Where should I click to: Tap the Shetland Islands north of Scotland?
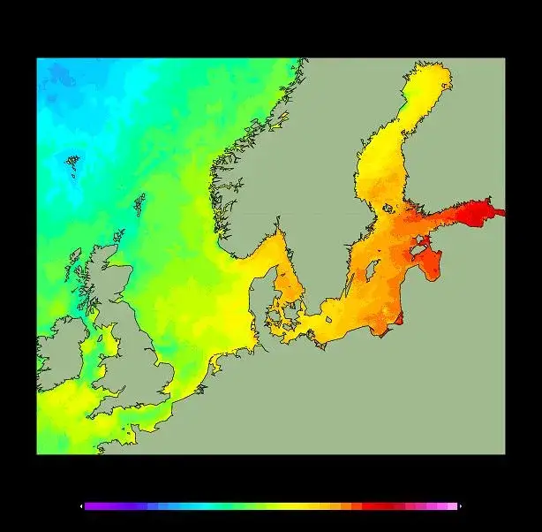coord(139,205)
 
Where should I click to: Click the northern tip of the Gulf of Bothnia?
coord(433,75)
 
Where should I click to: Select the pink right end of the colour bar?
coord(452,506)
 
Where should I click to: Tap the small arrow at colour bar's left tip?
coord(82,506)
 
